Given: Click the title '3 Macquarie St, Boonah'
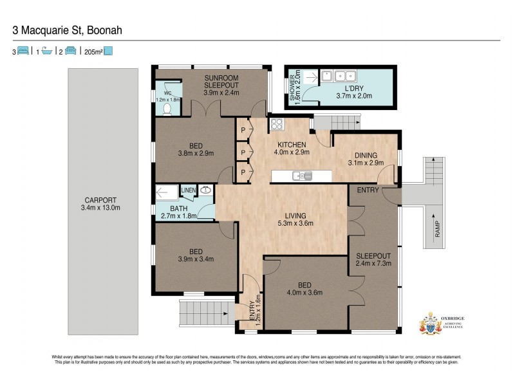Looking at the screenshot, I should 68,30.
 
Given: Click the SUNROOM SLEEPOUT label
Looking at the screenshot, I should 221,85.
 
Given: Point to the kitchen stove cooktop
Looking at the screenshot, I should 277,124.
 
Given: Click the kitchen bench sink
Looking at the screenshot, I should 301,175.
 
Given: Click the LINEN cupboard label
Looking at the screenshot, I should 187,190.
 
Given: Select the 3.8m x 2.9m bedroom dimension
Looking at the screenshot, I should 196,153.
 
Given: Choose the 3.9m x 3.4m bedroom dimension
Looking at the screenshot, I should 196,259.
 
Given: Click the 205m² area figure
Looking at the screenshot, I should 93,51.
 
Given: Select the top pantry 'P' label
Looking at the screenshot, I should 243,131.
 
